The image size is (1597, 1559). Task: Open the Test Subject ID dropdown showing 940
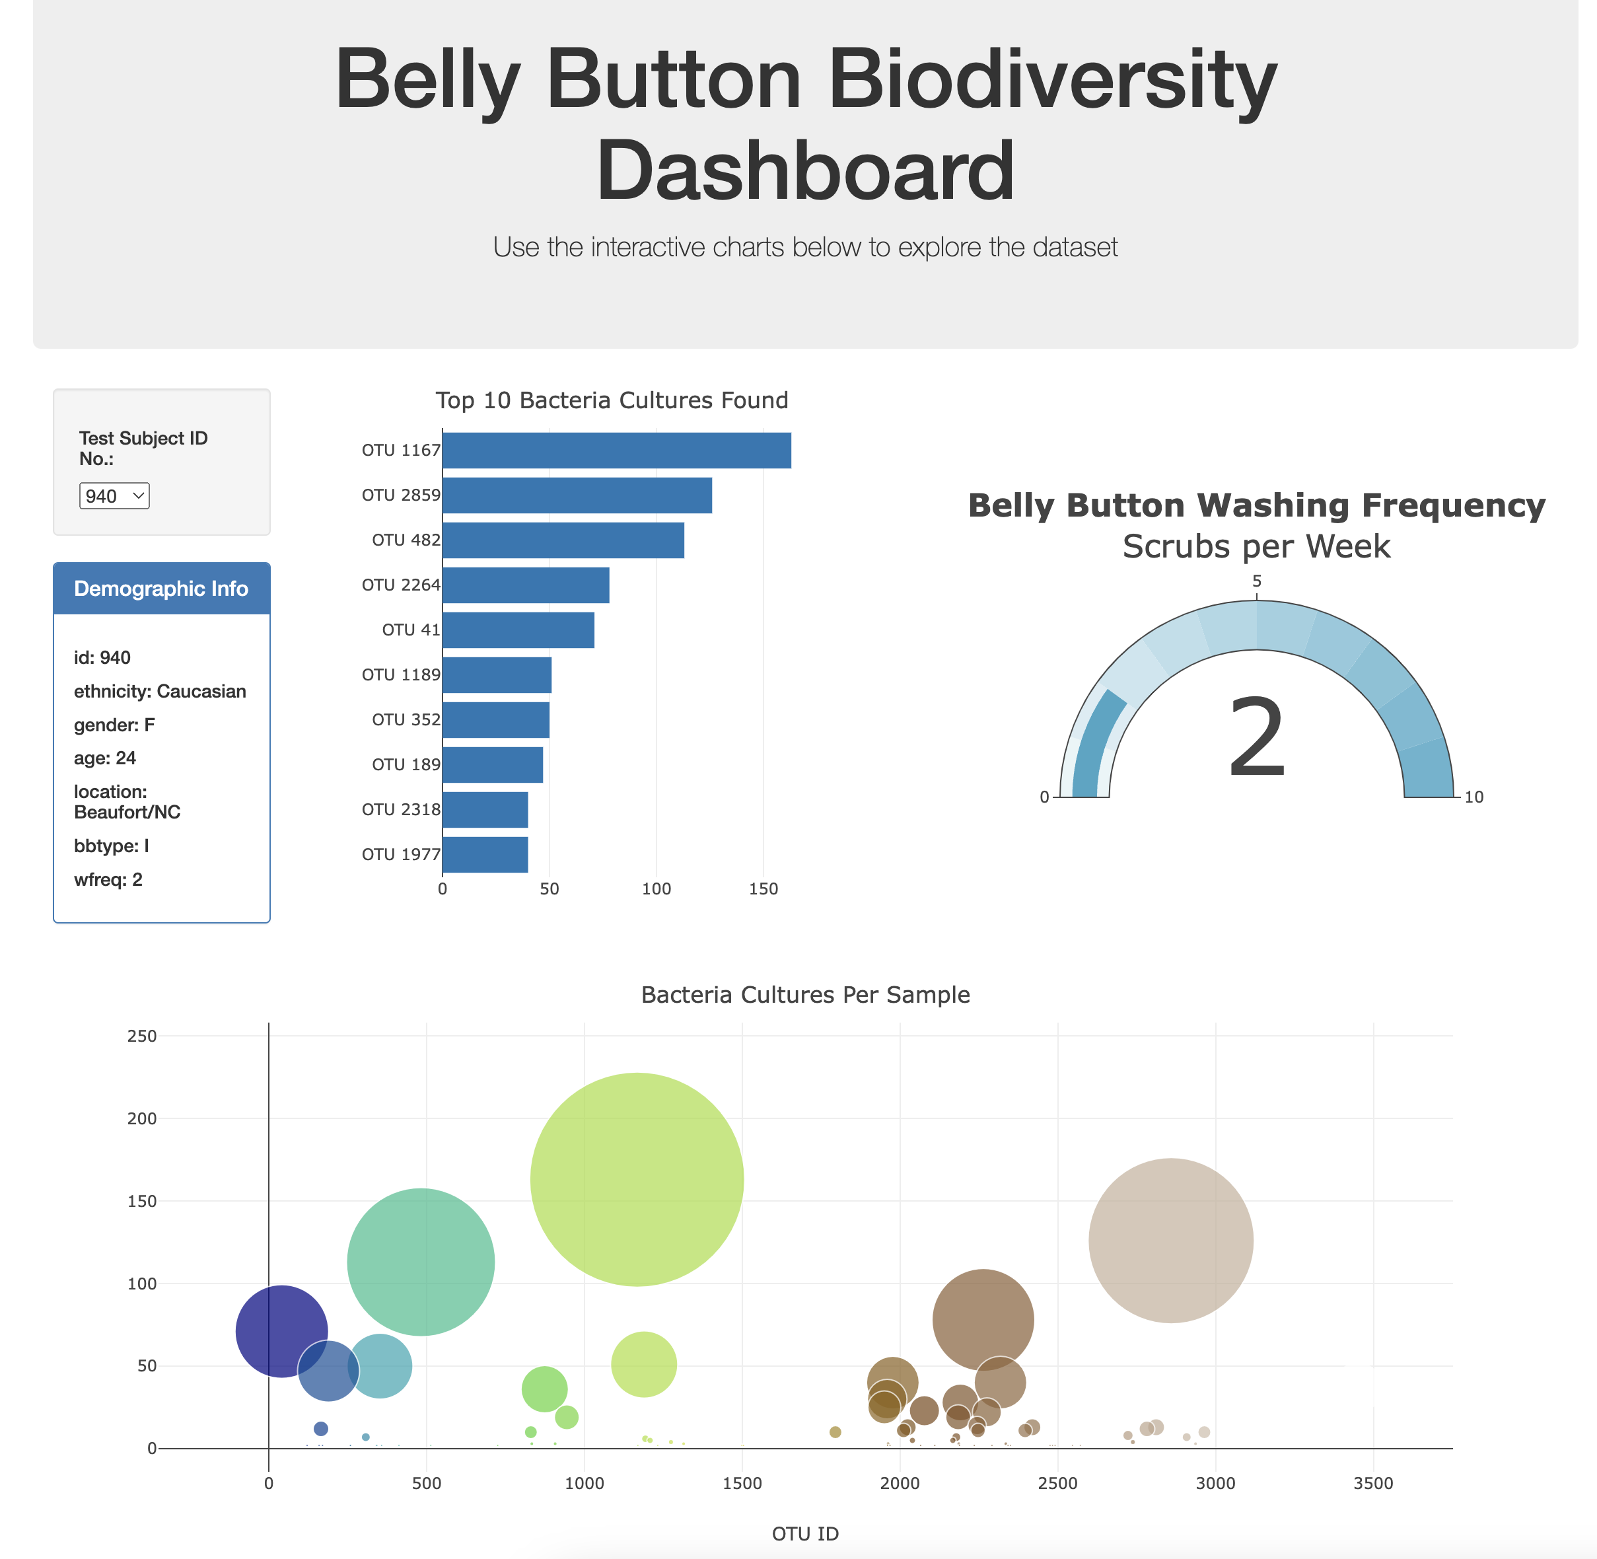(x=114, y=495)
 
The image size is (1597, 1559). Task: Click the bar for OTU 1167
(x=616, y=451)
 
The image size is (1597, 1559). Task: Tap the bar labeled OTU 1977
(x=485, y=854)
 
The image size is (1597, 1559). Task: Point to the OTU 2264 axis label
(x=400, y=585)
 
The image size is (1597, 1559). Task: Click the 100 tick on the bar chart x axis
(x=656, y=889)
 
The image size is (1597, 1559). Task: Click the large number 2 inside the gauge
(x=1256, y=737)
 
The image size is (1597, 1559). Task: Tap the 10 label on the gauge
(x=1473, y=797)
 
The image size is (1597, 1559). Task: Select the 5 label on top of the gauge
(x=1256, y=581)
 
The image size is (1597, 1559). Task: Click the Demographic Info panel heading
(x=161, y=589)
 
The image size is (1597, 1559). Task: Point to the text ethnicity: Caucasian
(x=160, y=691)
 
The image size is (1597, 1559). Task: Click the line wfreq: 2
(x=108, y=879)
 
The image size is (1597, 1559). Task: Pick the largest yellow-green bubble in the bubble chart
(x=637, y=1179)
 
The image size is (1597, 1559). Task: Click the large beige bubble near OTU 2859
(x=1170, y=1240)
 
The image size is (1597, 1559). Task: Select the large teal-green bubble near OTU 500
(x=421, y=1261)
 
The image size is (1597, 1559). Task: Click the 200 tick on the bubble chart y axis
(x=141, y=1118)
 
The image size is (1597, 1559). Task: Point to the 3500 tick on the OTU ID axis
(x=1372, y=1483)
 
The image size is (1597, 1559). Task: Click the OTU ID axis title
(x=804, y=1534)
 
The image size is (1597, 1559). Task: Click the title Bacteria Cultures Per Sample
(x=804, y=994)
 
